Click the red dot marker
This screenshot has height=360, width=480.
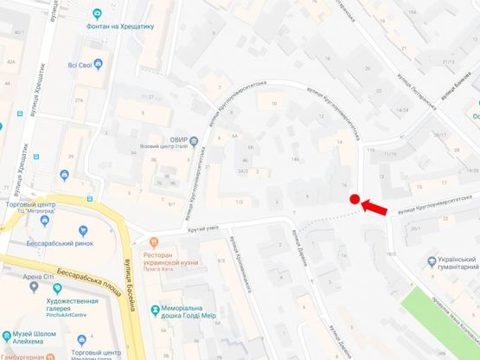click(355, 201)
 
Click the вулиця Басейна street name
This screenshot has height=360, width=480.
click(125, 270)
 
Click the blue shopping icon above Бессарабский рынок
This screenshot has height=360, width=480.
click(83, 231)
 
